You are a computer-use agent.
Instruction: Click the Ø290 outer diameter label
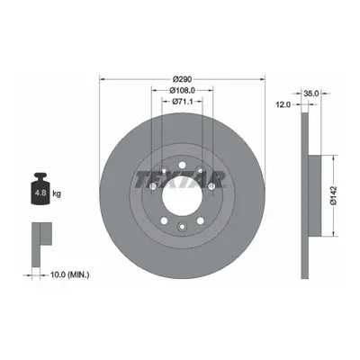(183, 79)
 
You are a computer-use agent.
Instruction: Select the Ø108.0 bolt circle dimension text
(183, 90)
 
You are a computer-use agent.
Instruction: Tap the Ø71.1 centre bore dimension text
(183, 102)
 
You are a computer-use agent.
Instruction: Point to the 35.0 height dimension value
(310, 94)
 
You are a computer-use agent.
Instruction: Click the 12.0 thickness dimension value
(283, 104)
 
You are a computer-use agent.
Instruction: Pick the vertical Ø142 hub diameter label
(334, 195)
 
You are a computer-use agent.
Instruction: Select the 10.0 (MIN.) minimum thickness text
(69, 274)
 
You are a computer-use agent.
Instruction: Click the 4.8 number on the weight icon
(40, 193)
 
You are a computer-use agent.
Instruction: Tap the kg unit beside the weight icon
(57, 193)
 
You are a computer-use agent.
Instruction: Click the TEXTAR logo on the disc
(180, 179)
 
